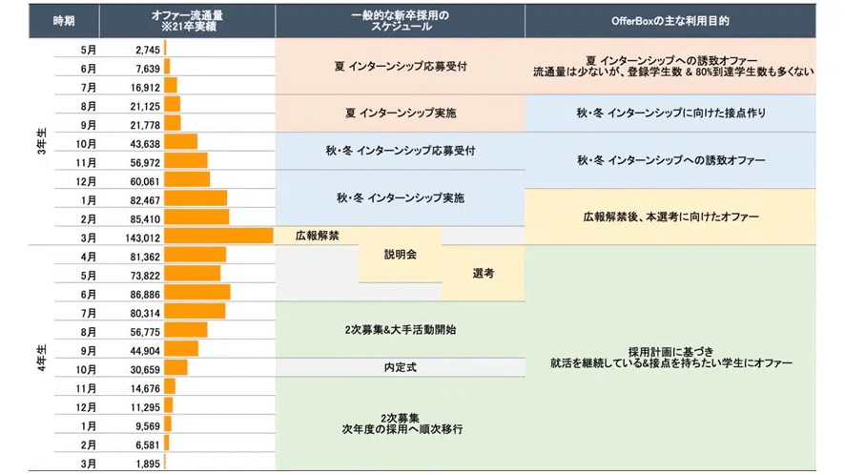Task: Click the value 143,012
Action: tap(142, 236)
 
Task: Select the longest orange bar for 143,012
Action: tap(217, 236)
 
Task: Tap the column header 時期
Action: tap(63, 21)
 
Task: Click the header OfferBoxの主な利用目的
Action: tap(684, 21)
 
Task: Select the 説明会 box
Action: tap(400, 255)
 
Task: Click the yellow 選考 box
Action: tap(483, 273)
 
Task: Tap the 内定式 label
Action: tap(400, 367)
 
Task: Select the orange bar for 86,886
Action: tap(196, 292)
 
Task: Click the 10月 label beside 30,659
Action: tap(88, 367)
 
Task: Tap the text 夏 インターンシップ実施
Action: tap(400, 114)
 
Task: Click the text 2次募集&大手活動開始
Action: tap(400, 329)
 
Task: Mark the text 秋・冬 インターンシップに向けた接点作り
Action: tap(670, 114)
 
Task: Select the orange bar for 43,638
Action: tap(180, 142)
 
